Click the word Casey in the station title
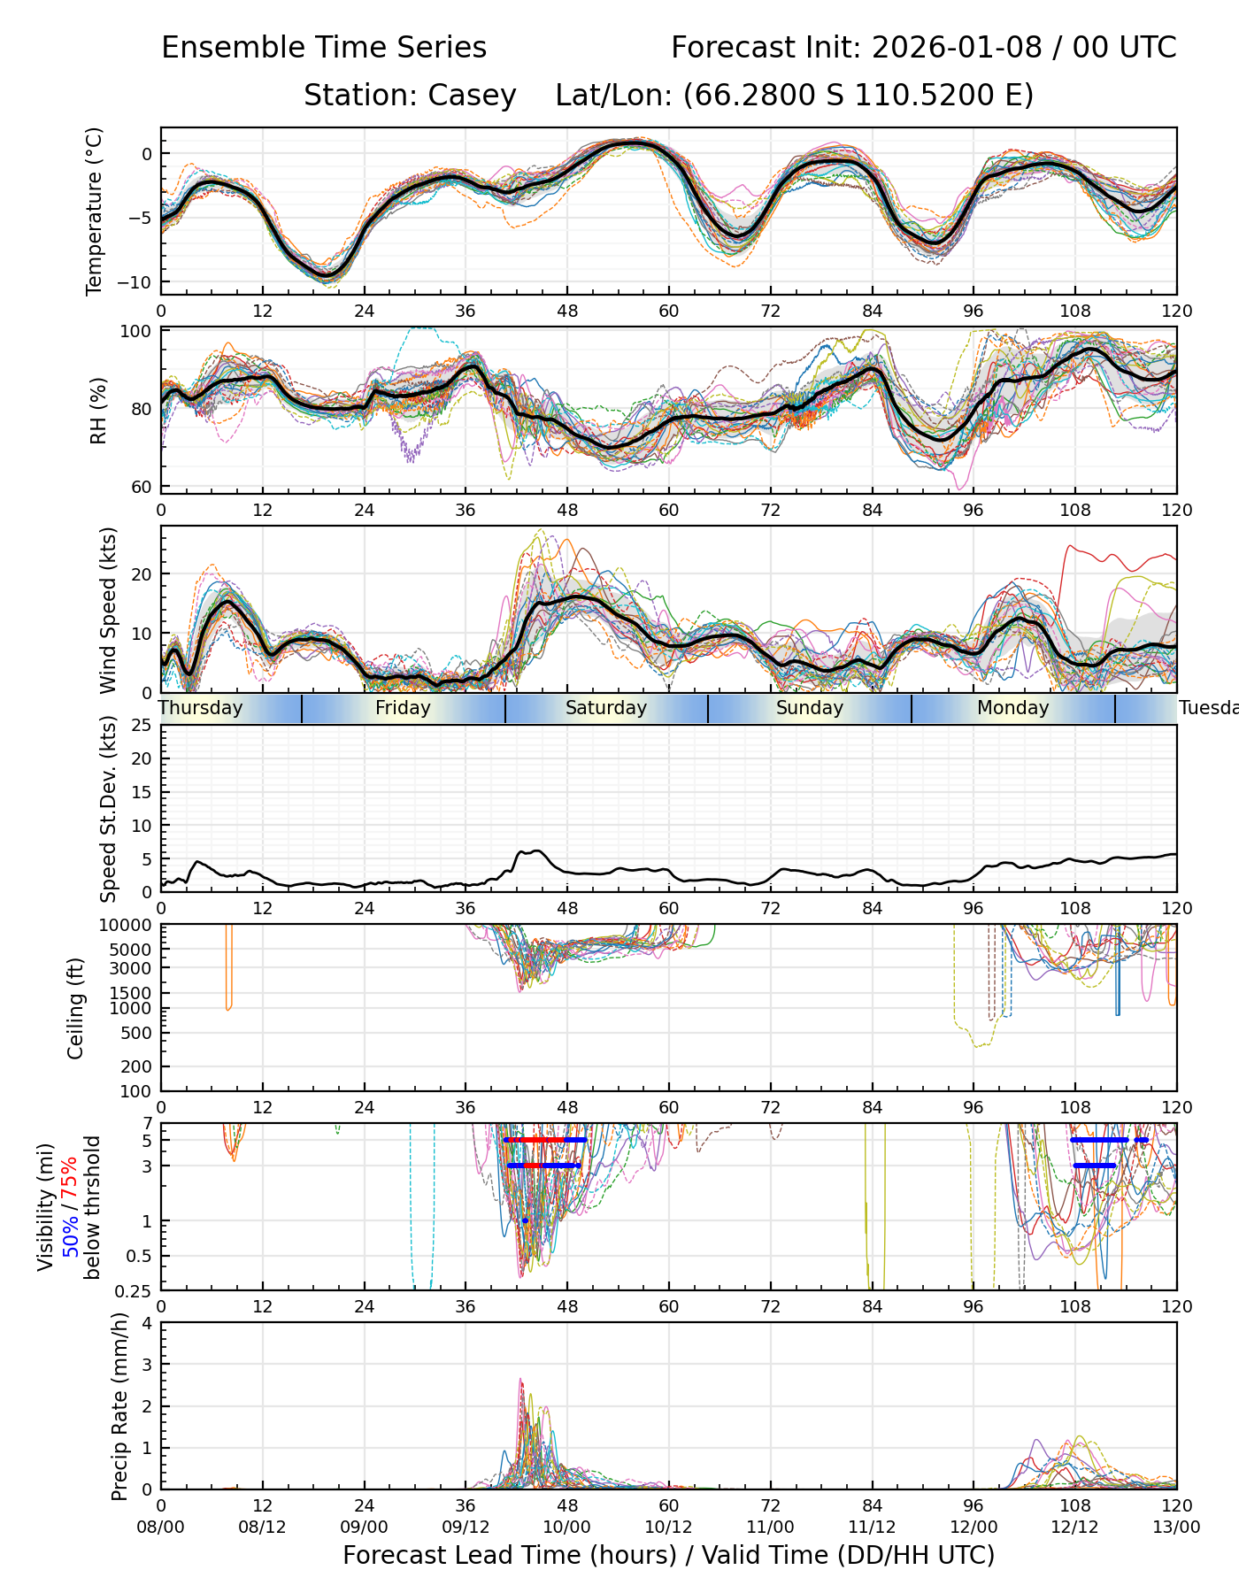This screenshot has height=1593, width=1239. click(x=473, y=96)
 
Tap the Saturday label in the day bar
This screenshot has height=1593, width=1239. click(x=606, y=708)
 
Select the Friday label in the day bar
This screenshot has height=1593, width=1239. click(x=403, y=708)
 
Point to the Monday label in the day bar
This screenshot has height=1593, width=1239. click(x=1012, y=708)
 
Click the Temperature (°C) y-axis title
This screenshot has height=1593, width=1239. click(x=95, y=211)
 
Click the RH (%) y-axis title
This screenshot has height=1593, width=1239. click(x=98, y=410)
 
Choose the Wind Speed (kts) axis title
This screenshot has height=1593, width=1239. click(x=108, y=610)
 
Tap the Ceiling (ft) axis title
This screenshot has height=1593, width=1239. click(x=76, y=1008)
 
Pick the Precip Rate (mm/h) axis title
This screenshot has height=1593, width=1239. click(x=120, y=1406)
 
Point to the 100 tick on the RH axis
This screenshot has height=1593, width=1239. click(x=139, y=332)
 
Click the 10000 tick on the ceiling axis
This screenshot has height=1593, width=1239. click(x=127, y=925)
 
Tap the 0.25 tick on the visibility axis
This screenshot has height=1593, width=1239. click(x=135, y=1289)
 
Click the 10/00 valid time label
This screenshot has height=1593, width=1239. click(x=567, y=1527)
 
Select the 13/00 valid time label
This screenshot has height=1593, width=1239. click(x=1176, y=1527)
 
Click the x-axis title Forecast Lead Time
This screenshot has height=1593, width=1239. click(x=461, y=1556)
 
